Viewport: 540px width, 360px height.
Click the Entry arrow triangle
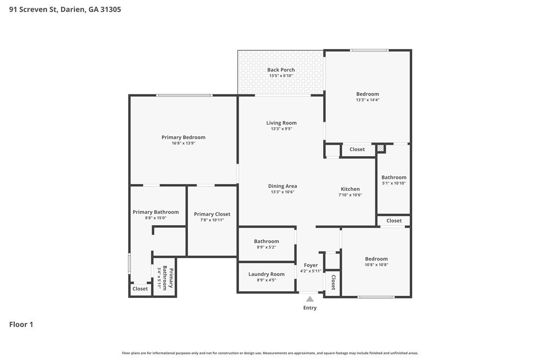(310, 299)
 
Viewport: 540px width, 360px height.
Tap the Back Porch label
(281, 70)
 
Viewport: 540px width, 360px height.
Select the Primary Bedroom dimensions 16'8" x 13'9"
(183, 143)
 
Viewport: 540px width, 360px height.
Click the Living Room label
(281, 123)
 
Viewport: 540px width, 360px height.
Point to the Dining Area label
(282, 186)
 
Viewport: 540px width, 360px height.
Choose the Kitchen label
(350, 189)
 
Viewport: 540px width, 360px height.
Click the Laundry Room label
(267, 274)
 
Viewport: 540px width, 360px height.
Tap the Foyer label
(311, 265)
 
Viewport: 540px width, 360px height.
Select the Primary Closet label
(212, 214)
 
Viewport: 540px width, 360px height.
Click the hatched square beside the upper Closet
(380, 148)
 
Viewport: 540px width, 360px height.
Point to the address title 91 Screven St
(33, 9)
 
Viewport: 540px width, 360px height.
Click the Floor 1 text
(21, 324)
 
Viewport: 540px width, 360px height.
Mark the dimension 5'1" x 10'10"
(394, 183)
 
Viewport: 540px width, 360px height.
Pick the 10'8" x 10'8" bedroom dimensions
(376, 265)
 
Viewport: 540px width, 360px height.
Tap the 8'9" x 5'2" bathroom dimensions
(267, 247)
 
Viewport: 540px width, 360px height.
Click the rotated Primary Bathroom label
(168, 277)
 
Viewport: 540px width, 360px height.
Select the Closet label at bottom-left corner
(140, 289)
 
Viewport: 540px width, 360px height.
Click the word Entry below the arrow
(310, 308)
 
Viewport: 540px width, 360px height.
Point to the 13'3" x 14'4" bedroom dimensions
(368, 100)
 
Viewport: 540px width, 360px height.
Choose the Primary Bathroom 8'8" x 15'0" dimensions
(156, 218)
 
